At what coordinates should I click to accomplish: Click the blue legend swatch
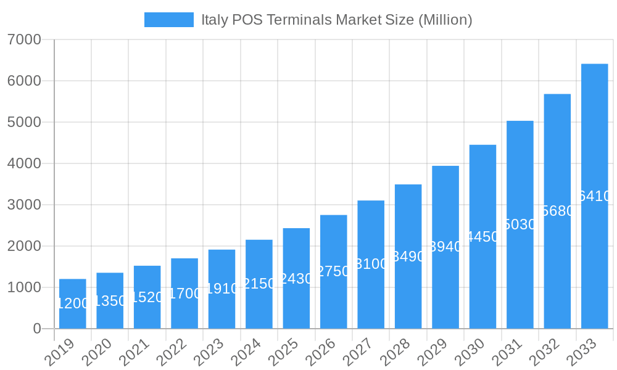(x=168, y=20)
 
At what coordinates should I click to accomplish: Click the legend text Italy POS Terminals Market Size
(x=337, y=20)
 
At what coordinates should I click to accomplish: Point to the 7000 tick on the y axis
(x=25, y=39)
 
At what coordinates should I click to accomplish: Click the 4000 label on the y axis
(x=25, y=163)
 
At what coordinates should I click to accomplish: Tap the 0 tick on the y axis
(x=37, y=329)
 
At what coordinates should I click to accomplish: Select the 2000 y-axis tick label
(x=25, y=246)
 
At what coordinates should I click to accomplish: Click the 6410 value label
(x=594, y=196)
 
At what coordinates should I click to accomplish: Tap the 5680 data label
(x=557, y=211)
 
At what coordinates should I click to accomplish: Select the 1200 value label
(x=73, y=303)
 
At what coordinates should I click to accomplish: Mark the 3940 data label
(x=445, y=247)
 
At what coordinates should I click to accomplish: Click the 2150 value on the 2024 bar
(x=259, y=284)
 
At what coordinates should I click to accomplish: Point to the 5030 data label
(x=520, y=224)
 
